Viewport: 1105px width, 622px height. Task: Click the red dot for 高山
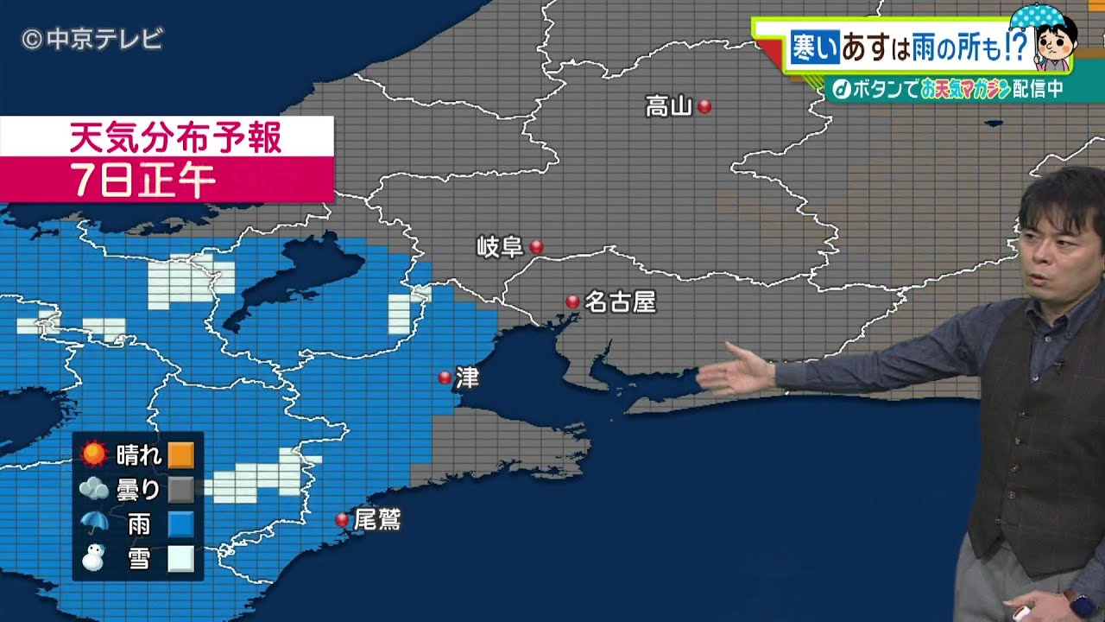point(704,106)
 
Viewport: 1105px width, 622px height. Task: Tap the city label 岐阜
point(501,247)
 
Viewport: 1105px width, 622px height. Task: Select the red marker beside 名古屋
point(572,301)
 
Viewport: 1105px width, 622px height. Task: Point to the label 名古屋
point(621,301)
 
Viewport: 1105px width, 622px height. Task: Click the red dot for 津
point(445,378)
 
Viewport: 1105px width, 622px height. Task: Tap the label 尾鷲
point(378,519)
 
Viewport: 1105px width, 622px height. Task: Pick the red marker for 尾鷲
point(342,519)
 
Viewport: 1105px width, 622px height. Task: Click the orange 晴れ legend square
point(180,454)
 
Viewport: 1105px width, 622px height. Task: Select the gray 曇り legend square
point(180,490)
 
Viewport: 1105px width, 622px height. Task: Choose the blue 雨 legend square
point(180,524)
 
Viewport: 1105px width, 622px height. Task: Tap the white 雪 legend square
point(180,559)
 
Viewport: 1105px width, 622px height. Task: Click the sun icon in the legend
point(93,454)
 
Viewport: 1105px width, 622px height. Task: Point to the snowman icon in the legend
point(92,559)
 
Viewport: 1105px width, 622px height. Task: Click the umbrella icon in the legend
point(93,524)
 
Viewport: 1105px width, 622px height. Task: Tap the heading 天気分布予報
point(175,137)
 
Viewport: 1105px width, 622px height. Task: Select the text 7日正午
point(143,181)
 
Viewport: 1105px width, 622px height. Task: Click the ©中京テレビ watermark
point(92,39)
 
